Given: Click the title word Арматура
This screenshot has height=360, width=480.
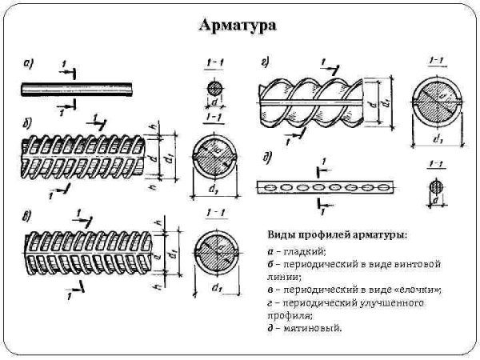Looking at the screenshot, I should click(x=238, y=26).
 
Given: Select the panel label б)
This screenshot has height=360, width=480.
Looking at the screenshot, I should click(x=27, y=122).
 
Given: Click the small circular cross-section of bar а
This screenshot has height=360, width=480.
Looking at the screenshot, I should click(x=214, y=87).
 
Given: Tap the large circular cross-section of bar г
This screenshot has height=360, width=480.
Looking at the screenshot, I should click(x=436, y=104).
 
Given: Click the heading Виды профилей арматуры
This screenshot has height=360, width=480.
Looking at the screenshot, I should click(x=336, y=234).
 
